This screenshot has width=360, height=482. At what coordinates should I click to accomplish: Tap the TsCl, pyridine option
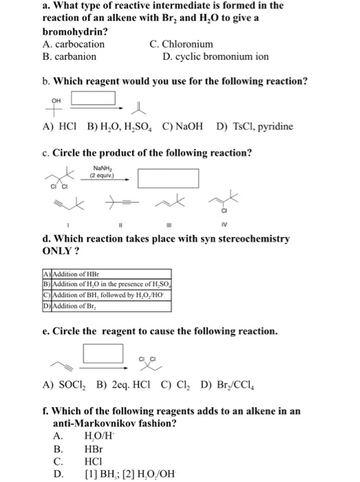254,127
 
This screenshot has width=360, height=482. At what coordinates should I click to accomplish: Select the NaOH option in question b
184,127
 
